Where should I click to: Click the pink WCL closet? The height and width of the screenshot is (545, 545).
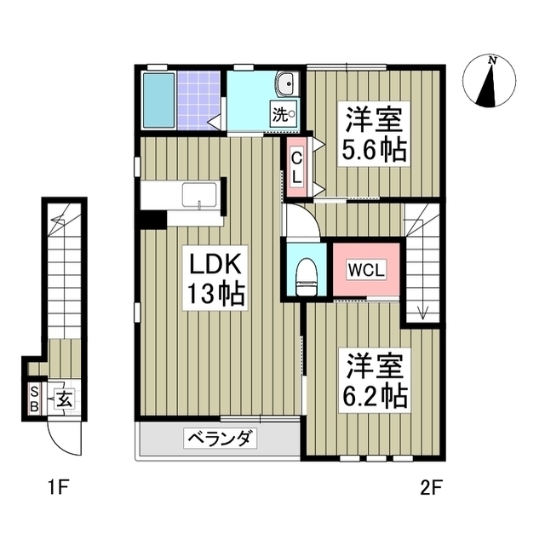pyautogui.click(x=366, y=271)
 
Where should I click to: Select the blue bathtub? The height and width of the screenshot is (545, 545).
pyautogui.click(x=158, y=99)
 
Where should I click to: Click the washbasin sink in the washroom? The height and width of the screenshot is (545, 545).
pyautogui.click(x=287, y=84)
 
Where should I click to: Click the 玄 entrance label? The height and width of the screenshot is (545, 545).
pyautogui.click(x=63, y=398)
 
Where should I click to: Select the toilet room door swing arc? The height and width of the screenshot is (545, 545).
pyautogui.click(x=301, y=223)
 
